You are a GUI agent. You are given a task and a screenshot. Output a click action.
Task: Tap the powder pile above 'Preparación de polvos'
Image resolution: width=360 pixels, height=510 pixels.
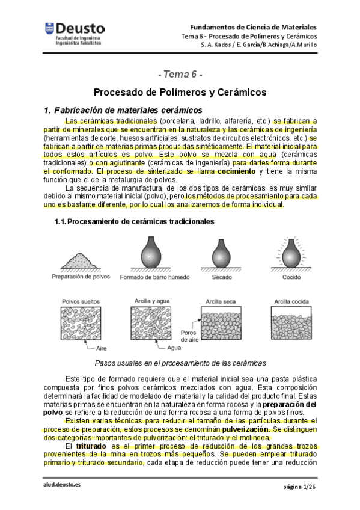pyautogui.click(x=81, y=262)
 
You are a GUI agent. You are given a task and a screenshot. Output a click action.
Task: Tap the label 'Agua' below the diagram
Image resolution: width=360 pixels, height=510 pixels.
pyautogui.click(x=174, y=348)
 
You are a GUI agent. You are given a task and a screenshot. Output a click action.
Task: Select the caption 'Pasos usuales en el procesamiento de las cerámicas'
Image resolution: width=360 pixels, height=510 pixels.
pyautogui.click(x=180, y=363)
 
